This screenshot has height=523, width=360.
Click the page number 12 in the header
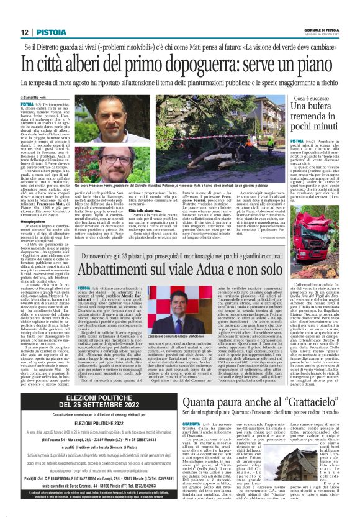coord(23,32)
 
